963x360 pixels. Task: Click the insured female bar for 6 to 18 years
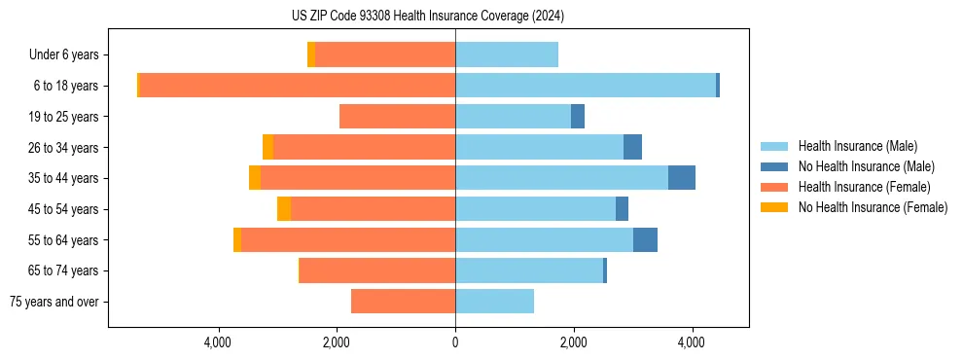point(297,86)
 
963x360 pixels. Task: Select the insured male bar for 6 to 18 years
point(586,86)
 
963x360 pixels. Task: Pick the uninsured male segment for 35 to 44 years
point(681,178)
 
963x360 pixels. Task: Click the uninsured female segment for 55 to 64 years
point(237,240)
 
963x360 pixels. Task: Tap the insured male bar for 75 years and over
point(494,302)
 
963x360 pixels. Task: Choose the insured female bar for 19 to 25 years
point(397,117)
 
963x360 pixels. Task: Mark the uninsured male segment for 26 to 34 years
point(632,147)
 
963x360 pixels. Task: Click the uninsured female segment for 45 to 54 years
point(284,209)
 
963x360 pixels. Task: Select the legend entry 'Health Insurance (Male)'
point(857,146)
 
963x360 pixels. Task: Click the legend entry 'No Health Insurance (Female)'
point(873,207)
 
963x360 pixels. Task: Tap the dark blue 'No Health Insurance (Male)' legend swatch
point(774,166)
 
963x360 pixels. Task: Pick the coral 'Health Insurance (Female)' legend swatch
point(774,187)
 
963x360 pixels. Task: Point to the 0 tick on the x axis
point(455,342)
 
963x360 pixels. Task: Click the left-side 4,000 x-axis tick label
point(218,342)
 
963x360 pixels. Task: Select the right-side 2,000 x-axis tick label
point(574,342)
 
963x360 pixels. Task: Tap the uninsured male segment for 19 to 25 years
point(578,117)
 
